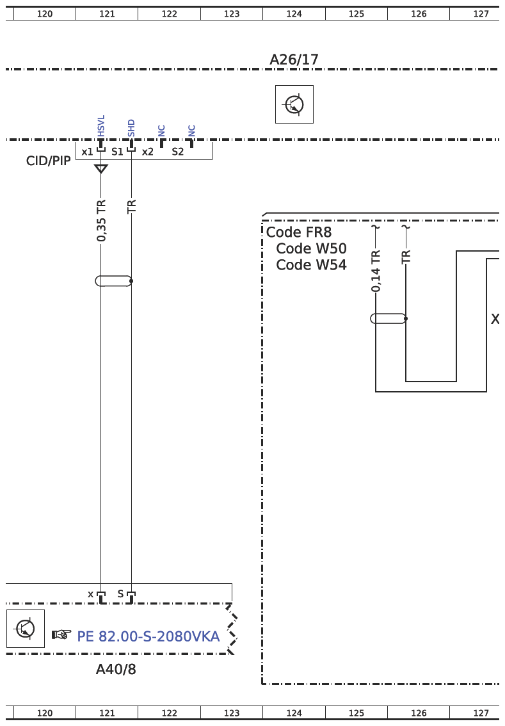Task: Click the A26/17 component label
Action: (x=294, y=60)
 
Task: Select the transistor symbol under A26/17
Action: (x=294, y=104)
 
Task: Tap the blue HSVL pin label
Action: (x=101, y=126)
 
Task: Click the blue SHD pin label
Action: (x=131, y=128)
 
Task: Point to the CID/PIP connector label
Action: (x=48, y=161)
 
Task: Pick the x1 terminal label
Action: (x=87, y=152)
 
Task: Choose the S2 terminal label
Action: (x=178, y=152)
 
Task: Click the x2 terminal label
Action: (x=148, y=152)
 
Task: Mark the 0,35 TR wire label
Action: (x=101, y=220)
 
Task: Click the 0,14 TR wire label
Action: (x=376, y=271)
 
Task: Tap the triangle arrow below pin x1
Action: (x=101, y=168)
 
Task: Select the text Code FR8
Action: (x=299, y=232)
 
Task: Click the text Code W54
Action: (x=311, y=265)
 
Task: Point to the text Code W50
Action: (x=311, y=248)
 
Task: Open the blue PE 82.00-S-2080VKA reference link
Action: (x=148, y=636)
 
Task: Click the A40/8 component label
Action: (x=116, y=669)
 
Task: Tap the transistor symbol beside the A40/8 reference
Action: (x=26, y=628)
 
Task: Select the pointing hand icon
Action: (x=61, y=634)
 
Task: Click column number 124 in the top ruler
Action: (x=294, y=14)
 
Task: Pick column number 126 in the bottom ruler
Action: (x=419, y=713)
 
